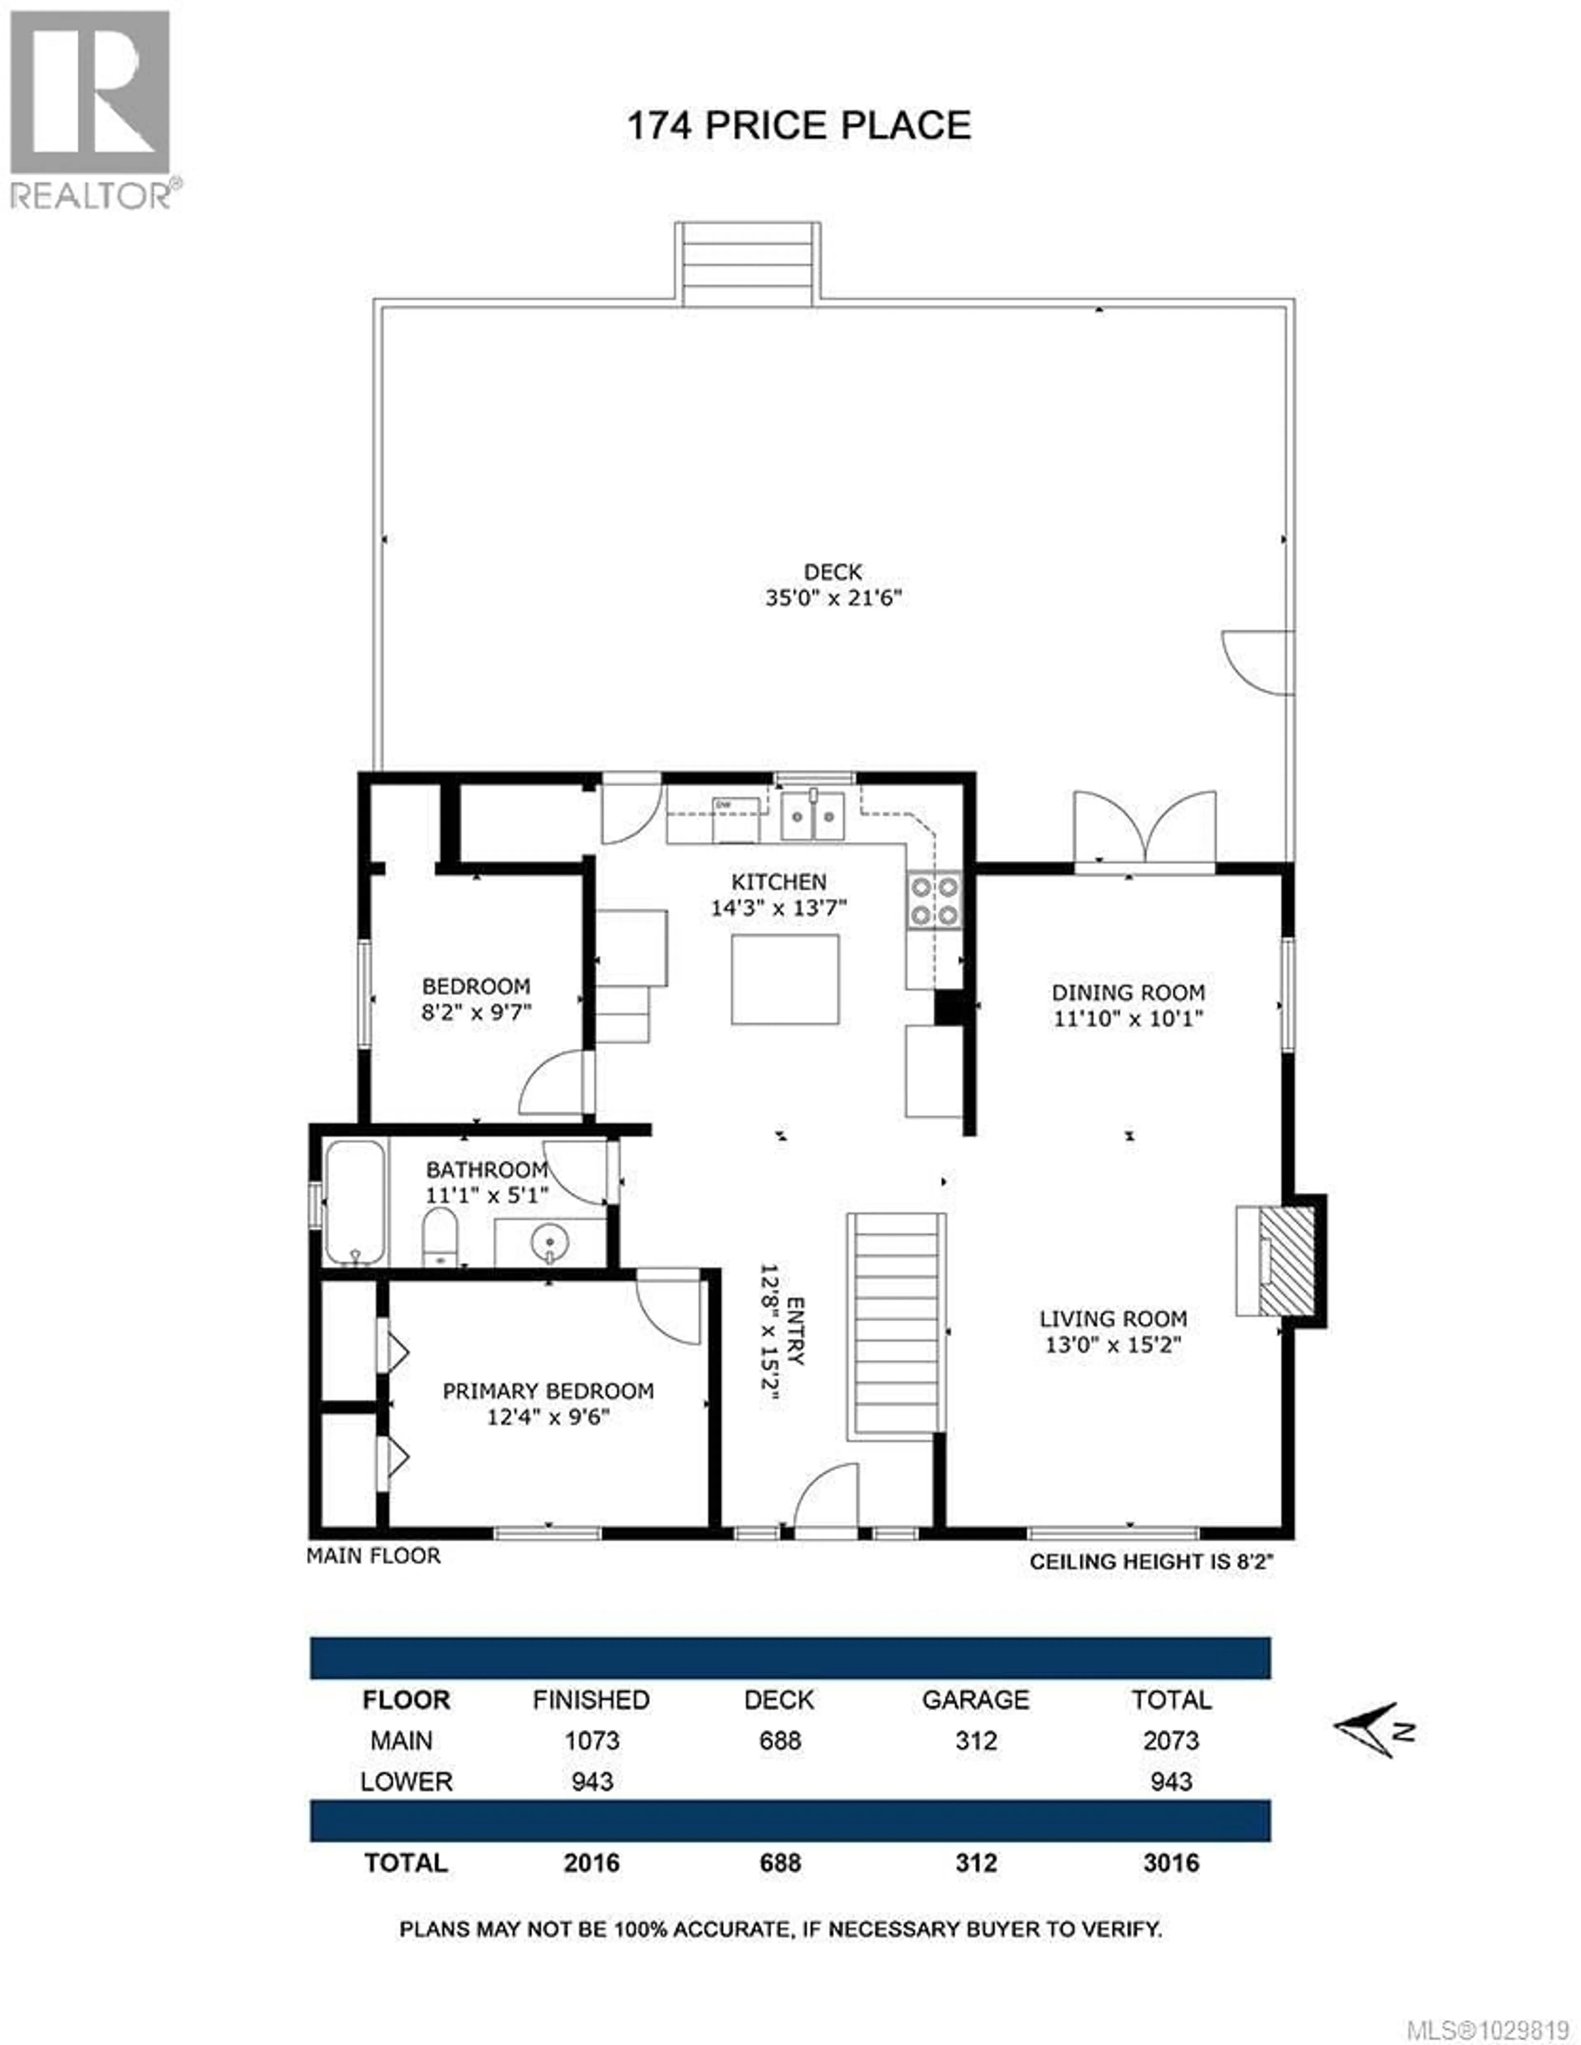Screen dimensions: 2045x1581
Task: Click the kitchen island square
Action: pyautogui.click(x=785, y=979)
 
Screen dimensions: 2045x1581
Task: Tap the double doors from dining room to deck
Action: pyautogui.click(x=1145, y=829)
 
